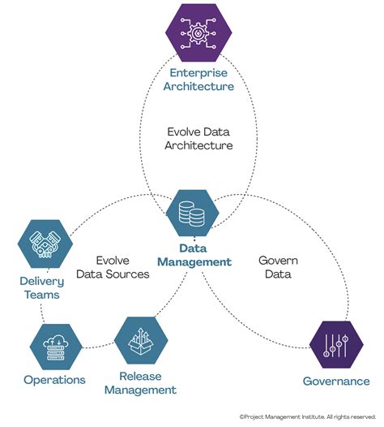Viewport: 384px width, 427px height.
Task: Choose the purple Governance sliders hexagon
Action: (x=336, y=345)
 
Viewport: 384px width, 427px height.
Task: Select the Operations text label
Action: (x=54, y=379)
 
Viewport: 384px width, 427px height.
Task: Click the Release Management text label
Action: (x=147, y=383)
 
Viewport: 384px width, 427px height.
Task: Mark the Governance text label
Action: (x=336, y=381)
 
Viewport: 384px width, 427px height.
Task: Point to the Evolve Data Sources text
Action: (x=113, y=268)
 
